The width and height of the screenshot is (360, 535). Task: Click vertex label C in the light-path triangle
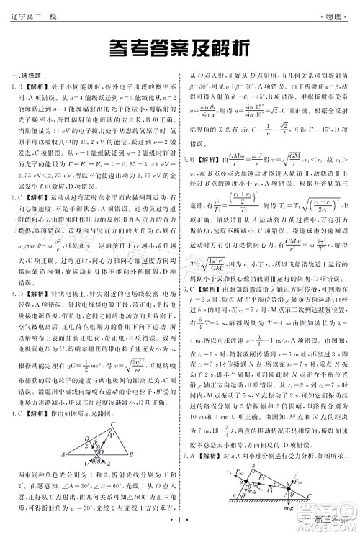click(113, 423)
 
